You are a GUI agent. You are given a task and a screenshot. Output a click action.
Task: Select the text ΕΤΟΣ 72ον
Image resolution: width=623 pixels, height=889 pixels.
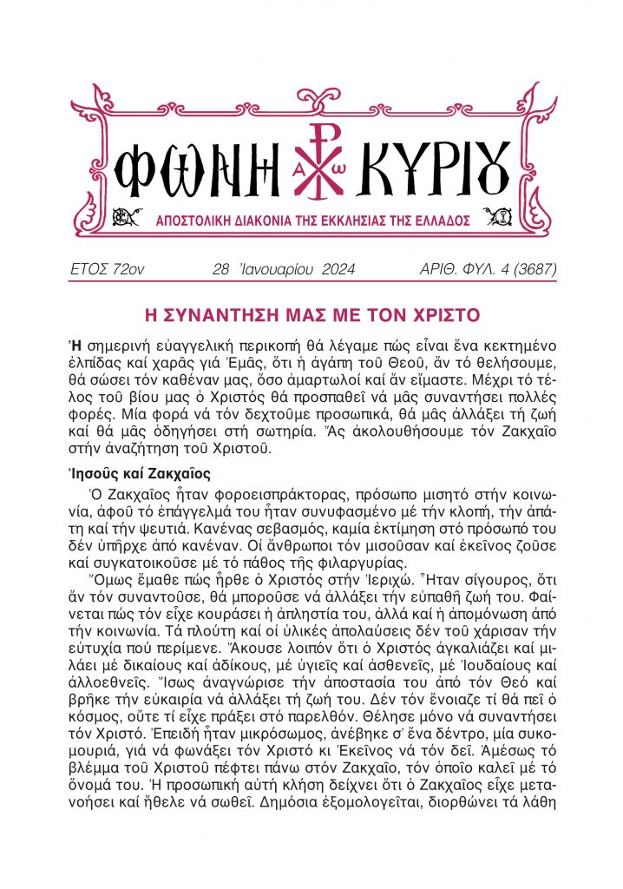[x=106, y=269]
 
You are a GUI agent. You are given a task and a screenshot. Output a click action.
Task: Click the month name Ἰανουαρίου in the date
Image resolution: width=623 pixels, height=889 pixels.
[x=263, y=269]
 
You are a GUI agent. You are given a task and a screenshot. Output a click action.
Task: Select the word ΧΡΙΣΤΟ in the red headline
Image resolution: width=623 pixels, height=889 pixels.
[x=441, y=313]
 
